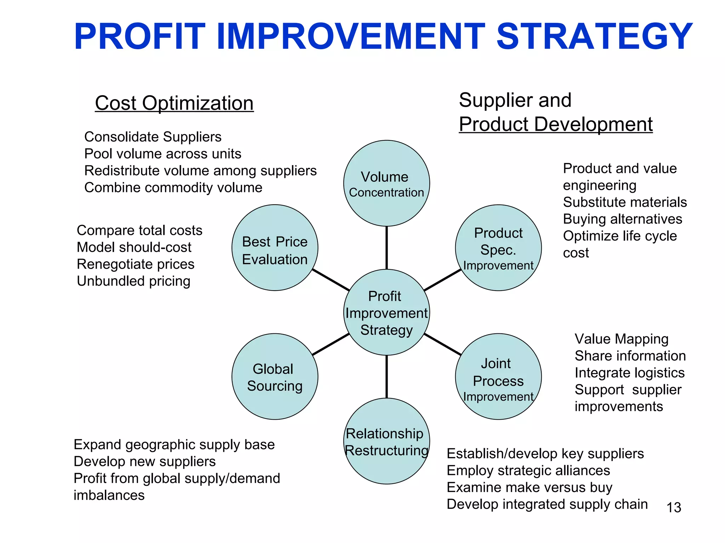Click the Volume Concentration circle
[x=386, y=183]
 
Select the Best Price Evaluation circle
[x=275, y=248]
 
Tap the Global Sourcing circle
[x=275, y=377]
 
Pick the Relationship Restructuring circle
[x=386, y=442]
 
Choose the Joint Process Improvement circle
[x=498, y=377]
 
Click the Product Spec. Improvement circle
[x=498, y=248]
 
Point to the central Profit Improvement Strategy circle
[x=386, y=313]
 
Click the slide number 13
[x=673, y=508]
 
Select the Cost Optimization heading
[x=174, y=103]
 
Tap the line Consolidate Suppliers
[x=153, y=137]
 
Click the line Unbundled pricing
[x=133, y=281]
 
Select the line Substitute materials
[x=624, y=202]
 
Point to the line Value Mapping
[x=621, y=339]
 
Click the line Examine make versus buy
[x=529, y=487]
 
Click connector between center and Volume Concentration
[x=386, y=247]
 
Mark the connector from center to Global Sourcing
[x=331, y=344]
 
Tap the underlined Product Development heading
[x=555, y=124]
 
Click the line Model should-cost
[x=134, y=247]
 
